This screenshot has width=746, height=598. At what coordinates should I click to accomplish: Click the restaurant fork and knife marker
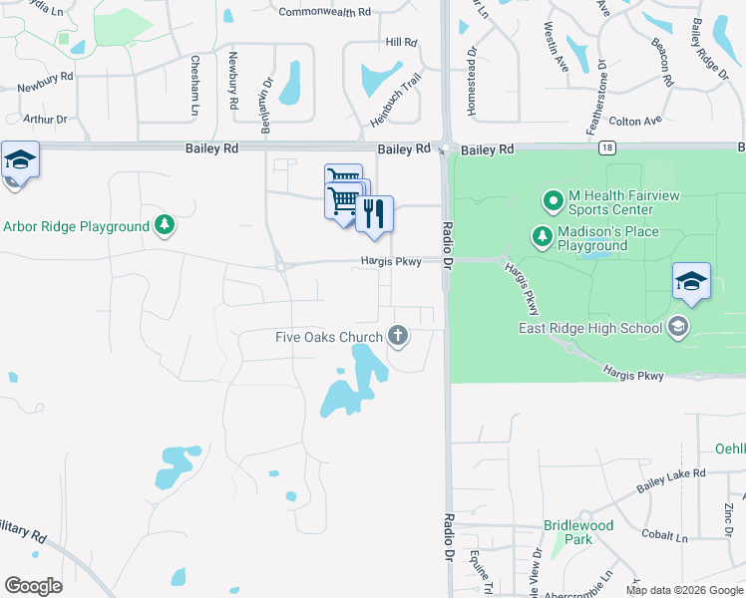pyautogui.click(x=374, y=213)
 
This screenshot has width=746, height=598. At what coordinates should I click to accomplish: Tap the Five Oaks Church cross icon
pyautogui.click(x=398, y=336)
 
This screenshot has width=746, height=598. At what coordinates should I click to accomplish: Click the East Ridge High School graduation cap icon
pyautogui.click(x=678, y=327)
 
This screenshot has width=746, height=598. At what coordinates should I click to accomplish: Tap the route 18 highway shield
pyautogui.click(x=606, y=148)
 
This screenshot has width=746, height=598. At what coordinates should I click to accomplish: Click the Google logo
pyautogui.click(x=34, y=585)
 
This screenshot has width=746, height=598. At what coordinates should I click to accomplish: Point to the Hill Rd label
pyautogui.click(x=400, y=42)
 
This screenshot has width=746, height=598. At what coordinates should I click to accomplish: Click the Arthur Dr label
pyautogui.click(x=45, y=120)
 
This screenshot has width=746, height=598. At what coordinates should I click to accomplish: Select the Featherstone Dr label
pyautogui.click(x=601, y=97)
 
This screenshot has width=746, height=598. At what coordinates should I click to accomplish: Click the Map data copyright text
pyautogui.click(x=683, y=589)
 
